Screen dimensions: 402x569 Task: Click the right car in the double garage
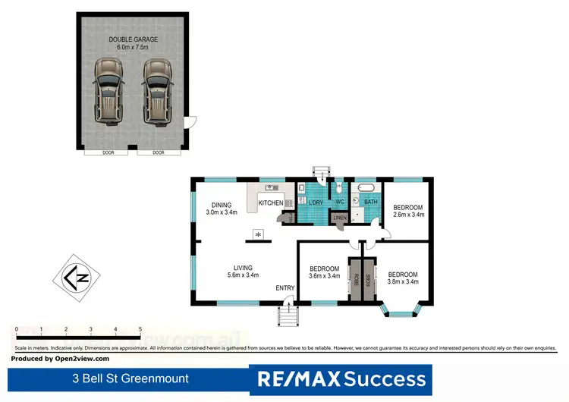click(x=157, y=92)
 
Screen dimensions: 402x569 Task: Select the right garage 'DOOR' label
click(x=158, y=152)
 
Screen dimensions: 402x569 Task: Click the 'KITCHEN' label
click(x=271, y=203)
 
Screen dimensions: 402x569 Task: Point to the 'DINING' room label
click(x=221, y=204)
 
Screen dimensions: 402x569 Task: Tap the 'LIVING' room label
click(x=243, y=266)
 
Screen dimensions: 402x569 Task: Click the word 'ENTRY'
click(x=285, y=287)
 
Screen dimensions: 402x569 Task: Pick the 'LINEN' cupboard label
click(x=340, y=218)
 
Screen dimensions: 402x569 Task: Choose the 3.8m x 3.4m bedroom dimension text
click(x=403, y=282)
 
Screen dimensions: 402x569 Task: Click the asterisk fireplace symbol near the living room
click(x=259, y=234)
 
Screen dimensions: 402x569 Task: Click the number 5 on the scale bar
click(x=140, y=329)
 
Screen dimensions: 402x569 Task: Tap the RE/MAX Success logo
click(x=341, y=378)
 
